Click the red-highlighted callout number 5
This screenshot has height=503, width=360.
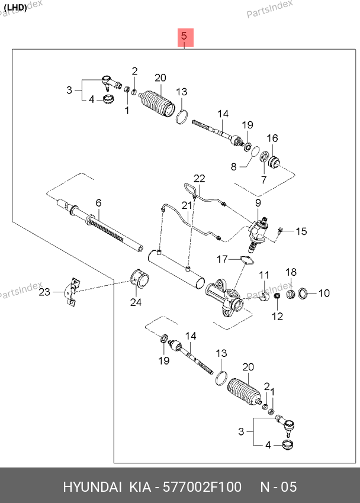[184, 36]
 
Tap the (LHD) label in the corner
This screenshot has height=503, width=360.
[15, 7]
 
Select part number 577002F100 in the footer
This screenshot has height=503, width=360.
[202, 486]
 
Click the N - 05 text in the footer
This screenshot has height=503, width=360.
[278, 486]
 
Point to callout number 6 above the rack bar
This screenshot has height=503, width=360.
[98, 203]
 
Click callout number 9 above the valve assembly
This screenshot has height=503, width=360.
[258, 203]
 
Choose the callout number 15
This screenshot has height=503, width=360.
[301, 231]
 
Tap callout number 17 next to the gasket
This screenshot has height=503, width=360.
[222, 259]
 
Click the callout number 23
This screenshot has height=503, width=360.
[44, 292]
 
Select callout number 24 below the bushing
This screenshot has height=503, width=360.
[136, 302]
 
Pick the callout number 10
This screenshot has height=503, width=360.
[324, 293]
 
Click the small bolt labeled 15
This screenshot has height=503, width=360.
[281, 230]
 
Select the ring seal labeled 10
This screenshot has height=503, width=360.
[303, 293]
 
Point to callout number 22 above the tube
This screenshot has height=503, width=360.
[200, 178]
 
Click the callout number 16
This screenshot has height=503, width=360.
[272, 138]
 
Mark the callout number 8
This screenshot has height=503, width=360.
[233, 166]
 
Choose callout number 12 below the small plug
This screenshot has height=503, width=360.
[277, 317]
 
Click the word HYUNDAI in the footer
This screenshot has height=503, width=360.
[92, 486]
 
